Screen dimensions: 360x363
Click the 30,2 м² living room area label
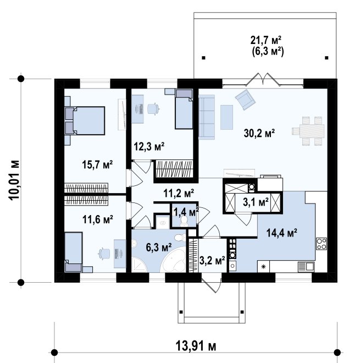click(259, 133)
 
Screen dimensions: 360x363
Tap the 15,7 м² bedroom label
click(97, 164)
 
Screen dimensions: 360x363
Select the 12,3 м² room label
click(149, 146)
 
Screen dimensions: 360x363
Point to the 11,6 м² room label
click(98, 219)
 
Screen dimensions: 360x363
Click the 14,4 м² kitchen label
click(282, 233)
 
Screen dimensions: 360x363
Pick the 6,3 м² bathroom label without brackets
click(159, 248)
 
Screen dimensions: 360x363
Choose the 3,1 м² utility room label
click(256, 202)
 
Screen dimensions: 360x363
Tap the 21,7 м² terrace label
click(266, 40)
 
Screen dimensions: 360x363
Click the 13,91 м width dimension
click(196, 346)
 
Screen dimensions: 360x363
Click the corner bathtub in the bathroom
click(173, 260)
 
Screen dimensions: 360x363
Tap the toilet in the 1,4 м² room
click(184, 221)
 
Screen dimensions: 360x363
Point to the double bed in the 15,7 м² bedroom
click(85, 120)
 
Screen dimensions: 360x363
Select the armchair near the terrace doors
click(245, 100)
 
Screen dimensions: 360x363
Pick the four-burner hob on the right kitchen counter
click(322, 244)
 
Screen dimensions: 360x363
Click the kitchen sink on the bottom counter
click(306, 266)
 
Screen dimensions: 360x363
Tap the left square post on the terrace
click(203, 58)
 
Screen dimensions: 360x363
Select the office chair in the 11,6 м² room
click(104, 253)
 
